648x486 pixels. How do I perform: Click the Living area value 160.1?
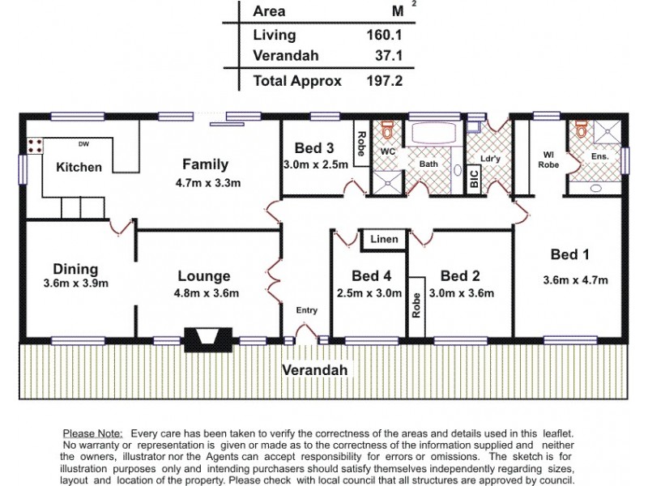pos(385,35)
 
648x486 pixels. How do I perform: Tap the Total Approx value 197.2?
pos(385,81)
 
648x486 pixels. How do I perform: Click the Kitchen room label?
pos(79,168)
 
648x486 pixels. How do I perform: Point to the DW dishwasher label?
pos(83,145)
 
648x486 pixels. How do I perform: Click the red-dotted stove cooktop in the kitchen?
pos(36,147)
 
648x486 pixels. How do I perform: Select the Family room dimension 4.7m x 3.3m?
pos(207,183)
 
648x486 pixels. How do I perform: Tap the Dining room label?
pos(75,269)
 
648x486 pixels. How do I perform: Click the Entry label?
pos(306,310)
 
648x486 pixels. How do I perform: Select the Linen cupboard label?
pos(383,240)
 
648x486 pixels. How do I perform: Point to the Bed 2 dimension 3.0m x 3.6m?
pos(461,293)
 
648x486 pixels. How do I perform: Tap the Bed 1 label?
pos(569,255)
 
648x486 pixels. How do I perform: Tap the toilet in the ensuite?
pos(580,130)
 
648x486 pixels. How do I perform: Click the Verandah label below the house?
pos(315,370)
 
